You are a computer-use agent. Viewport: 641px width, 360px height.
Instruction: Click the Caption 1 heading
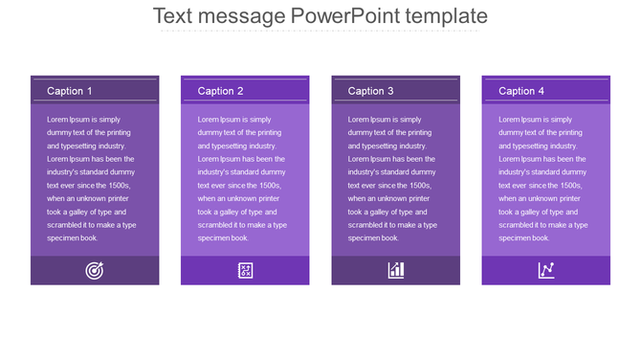(70, 91)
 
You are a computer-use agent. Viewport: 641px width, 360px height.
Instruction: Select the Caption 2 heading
(220, 91)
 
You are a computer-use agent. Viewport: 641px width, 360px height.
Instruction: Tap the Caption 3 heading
(370, 91)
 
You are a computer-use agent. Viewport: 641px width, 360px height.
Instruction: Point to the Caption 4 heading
(521, 91)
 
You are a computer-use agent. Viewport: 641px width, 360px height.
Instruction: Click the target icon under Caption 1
(95, 270)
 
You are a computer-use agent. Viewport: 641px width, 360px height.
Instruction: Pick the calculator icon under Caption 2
(245, 270)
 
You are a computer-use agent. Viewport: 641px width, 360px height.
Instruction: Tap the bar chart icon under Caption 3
(396, 270)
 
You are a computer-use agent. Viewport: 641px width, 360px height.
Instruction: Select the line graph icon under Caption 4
(546, 270)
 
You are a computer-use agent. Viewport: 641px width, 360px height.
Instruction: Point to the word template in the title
(448, 16)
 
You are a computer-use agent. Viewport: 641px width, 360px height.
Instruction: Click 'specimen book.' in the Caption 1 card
(73, 238)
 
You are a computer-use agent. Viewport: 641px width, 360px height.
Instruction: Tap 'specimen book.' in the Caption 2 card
(223, 238)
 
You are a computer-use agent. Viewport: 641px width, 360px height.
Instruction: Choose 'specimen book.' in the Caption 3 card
(373, 238)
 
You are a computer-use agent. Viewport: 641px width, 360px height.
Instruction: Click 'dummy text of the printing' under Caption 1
(89, 132)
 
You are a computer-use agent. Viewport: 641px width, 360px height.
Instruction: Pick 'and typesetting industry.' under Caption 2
(237, 146)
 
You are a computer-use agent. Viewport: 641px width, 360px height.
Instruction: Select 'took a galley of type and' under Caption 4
(541, 212)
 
